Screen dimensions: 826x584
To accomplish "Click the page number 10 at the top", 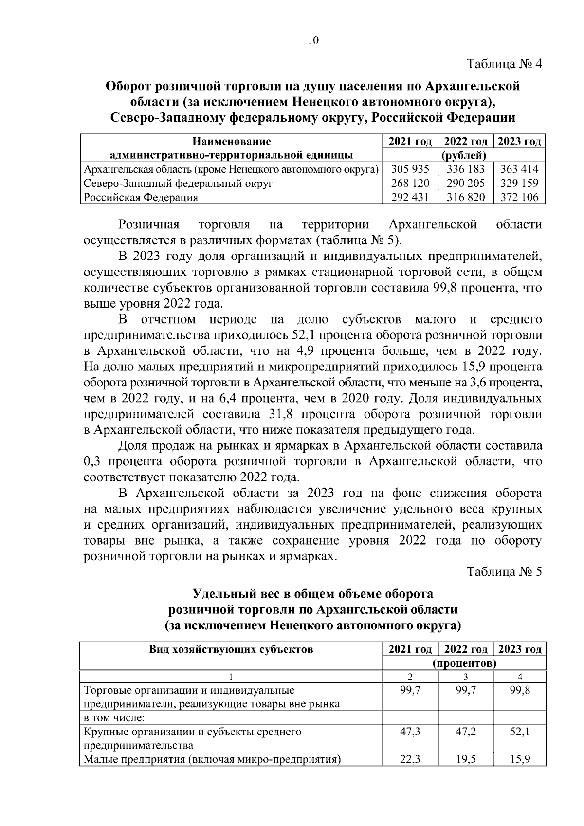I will pyautogui.click(x=313, y=41).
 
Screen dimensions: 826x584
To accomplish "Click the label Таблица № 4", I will pyautogui.click(x=504, y=64).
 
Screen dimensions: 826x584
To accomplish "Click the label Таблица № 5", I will pyautogui.click(x=504, y=571).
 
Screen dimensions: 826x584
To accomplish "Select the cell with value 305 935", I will pyautogui.click(x=410, y=169).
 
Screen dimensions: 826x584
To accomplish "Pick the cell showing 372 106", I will pyautogui.click(x=519, y=197).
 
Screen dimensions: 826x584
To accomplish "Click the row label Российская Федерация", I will pyautogui.click(x=141, y=197).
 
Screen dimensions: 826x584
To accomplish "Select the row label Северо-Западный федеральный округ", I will pyautogui.click(x=179, y=184).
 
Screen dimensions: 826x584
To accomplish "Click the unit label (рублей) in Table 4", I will pyautogui.click(x=464, y=156).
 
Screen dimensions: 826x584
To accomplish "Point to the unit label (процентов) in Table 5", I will pyautogui.click(x=464, y=663).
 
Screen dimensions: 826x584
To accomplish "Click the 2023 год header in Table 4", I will pyautogui.click(x=519, y=142).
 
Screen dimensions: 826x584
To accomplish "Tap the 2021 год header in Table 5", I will pyautogui.click(x=410, y=649).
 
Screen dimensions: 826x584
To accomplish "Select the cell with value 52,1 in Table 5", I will pyautogui.click(x=519, y=732).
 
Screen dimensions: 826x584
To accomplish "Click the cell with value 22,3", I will pyautogui.click(x=410, y=759).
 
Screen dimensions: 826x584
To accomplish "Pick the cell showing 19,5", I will pyautogui.click(x=466, y=759).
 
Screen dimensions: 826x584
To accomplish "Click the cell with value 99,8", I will pyautogui.click(x=519, y=690).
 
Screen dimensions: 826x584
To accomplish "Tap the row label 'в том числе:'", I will pyautogui.click(x=115, y=718).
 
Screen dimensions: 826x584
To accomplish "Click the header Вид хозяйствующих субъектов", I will pyautogui.click(x=231, y=649).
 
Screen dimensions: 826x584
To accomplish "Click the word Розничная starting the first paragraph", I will pyautogui.click(x=149, y=224).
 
